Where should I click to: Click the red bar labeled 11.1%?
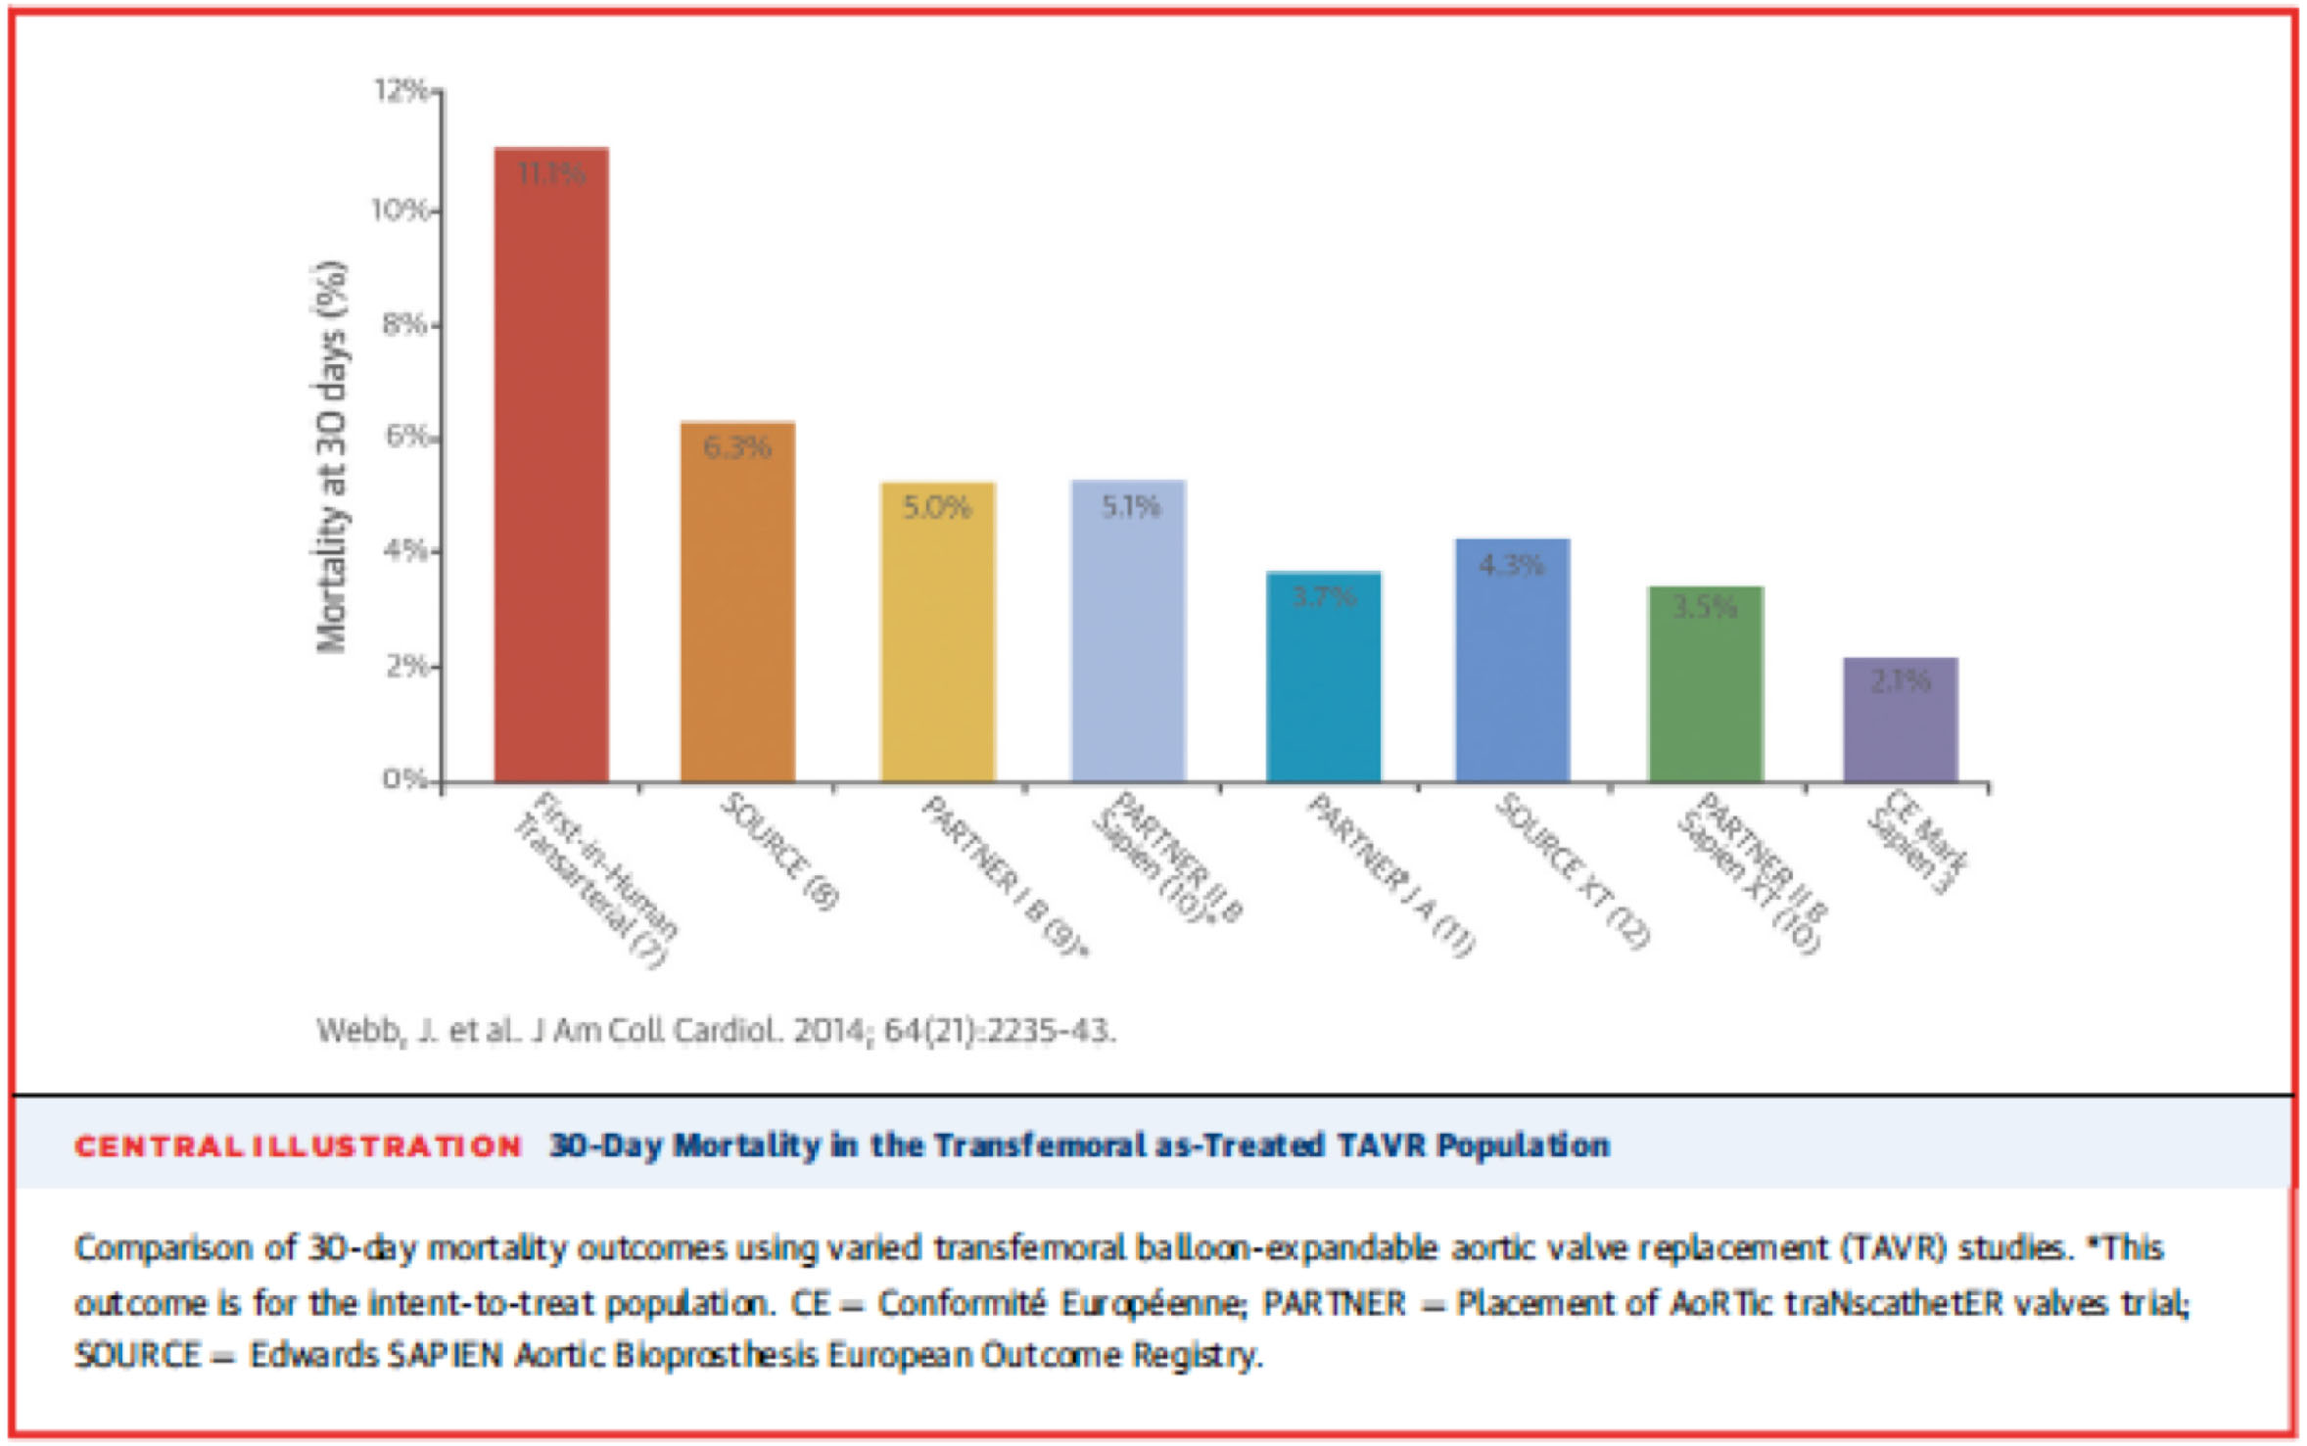551,465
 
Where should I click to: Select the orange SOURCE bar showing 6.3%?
737,602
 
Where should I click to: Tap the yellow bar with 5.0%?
937,632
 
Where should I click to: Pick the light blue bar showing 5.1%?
1128,631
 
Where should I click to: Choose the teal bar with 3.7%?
1323,676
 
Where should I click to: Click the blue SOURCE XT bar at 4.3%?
1512,661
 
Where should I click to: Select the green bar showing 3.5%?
1705,684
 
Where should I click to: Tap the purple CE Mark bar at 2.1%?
1900,720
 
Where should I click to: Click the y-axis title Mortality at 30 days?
331,456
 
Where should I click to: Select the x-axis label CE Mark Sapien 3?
1916,841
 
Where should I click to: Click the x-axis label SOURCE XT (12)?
1572,870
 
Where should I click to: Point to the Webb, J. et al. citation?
715,1031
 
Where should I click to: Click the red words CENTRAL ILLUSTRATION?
298,1146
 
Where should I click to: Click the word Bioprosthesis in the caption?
716,1356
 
